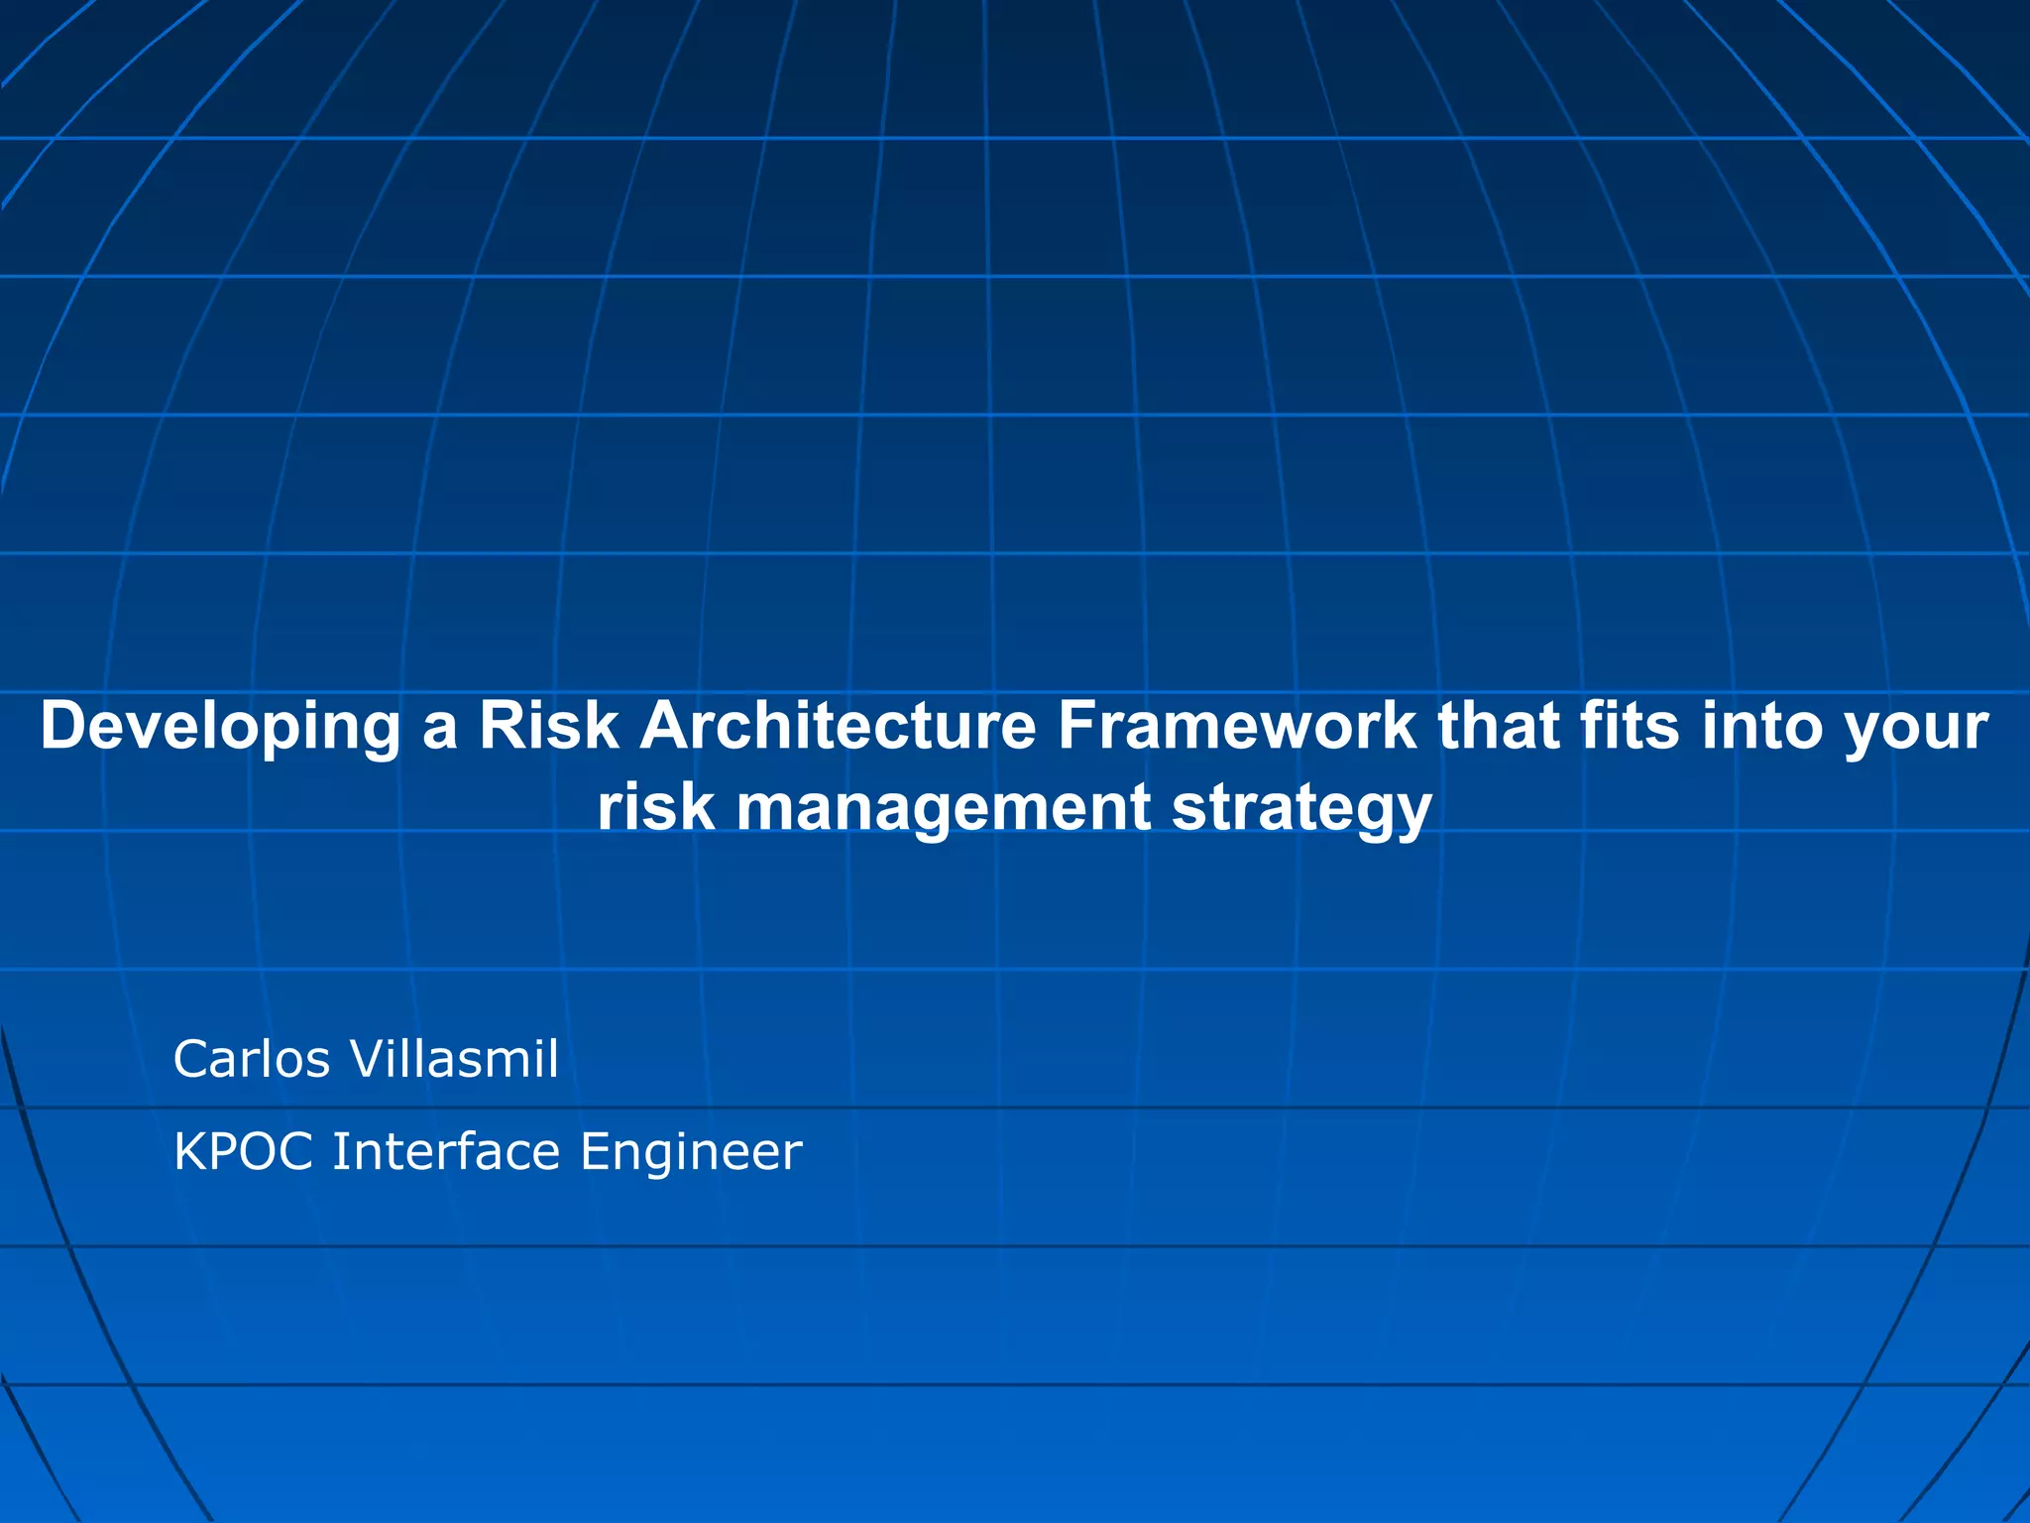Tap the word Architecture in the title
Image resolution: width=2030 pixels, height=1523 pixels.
(x=838, y=726)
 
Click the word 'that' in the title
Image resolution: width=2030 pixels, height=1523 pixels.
(x=1498, y=726)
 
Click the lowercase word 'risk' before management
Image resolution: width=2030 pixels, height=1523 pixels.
(x=655, y=807)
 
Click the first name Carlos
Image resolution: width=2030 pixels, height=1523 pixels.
(x=252, y=1059)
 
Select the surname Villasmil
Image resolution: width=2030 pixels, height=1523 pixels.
(x=455, y=1059)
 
